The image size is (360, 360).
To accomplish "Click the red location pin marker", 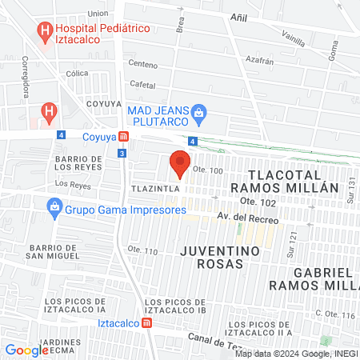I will pyautogui.click(x=180, y=163).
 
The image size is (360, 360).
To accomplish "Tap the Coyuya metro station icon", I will pyautogui.click(x=122, y=136).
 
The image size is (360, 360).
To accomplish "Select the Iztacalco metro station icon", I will pyautogui.click(x=146, y=323).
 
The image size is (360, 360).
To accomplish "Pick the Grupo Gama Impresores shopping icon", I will pyautogui.click(x=54, y=210).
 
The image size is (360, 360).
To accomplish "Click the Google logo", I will pyautogui.click(x=26, y=350).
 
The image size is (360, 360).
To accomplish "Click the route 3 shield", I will pyautogui.click(x=121, y=152).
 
